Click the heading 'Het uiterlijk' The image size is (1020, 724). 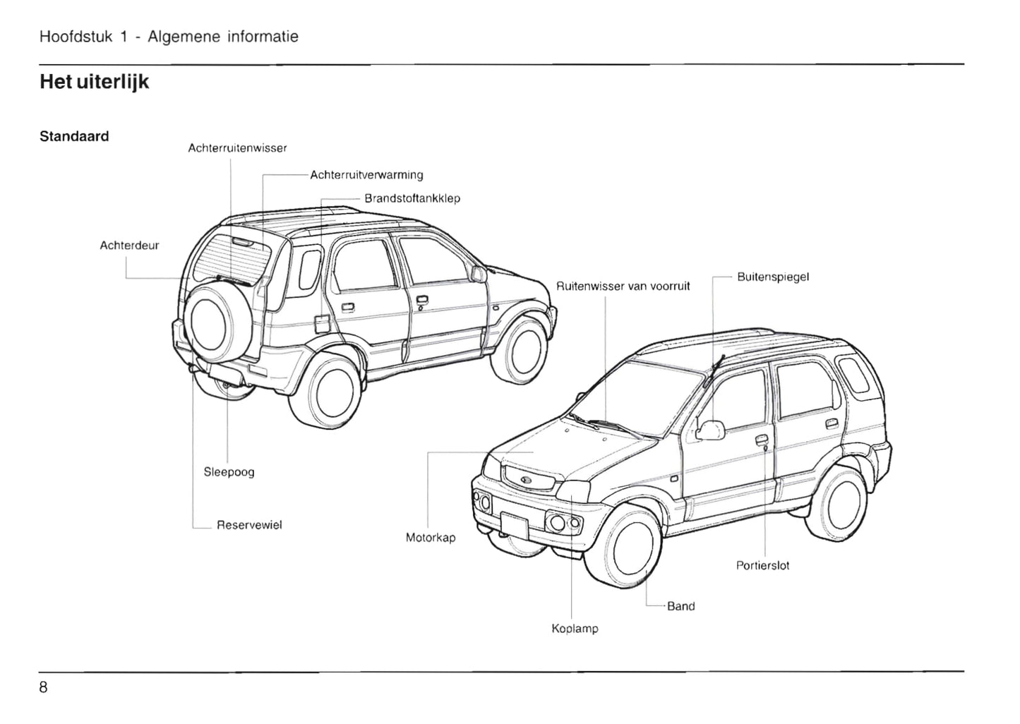coord(94,83)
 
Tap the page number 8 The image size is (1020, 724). coord(44,687)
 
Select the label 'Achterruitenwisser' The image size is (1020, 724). coord(237,148)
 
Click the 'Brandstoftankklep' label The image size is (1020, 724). coord(412,198)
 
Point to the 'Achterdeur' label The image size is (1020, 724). coord(129,246)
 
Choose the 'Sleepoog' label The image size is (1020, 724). coord(229,472)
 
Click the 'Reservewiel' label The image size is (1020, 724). coord(249,525)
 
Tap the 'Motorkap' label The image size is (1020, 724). coord(431,538)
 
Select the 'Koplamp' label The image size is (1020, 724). coord(575,628)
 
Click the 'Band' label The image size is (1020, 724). coord(680,606)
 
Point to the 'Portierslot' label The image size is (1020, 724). coord(762,565)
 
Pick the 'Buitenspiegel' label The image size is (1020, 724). coord(773,277)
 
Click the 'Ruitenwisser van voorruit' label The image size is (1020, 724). coord(623,286)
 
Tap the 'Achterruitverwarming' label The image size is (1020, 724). coord(366,175)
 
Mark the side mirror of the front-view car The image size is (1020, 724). coord(711,430)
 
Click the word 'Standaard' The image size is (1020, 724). coord(74,136)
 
